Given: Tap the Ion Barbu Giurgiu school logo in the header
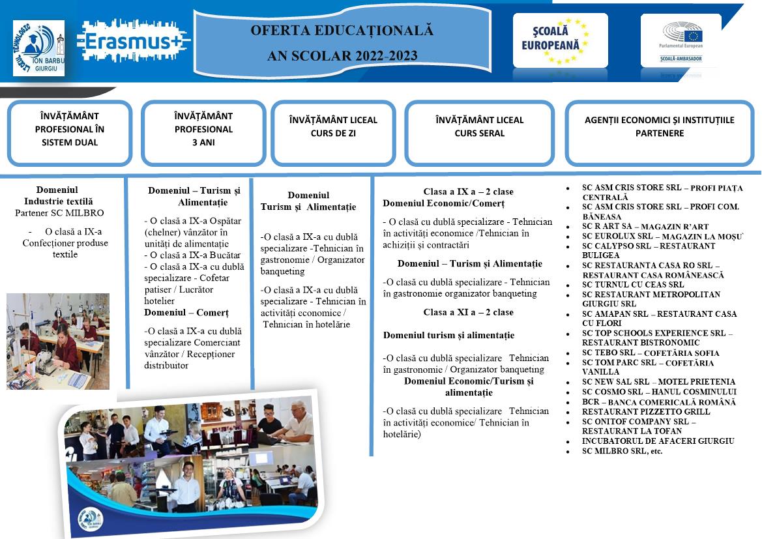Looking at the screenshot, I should tap(38, 48).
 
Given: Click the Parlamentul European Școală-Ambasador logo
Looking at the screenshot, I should tap(681, 40).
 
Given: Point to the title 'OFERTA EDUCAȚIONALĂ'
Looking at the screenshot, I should tap(342, 30).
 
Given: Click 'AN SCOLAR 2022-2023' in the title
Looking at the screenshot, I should tap(342, 55).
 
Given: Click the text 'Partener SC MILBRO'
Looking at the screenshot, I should tap(59, 212).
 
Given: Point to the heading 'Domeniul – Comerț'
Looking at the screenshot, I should tap(186, 312).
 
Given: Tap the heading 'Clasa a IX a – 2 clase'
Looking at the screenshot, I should tap(468, 192).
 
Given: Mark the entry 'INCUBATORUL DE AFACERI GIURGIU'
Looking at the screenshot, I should tap(658, 441).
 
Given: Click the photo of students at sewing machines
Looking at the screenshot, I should tap(58, 341).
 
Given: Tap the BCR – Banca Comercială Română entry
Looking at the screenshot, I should tap(658, 402).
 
